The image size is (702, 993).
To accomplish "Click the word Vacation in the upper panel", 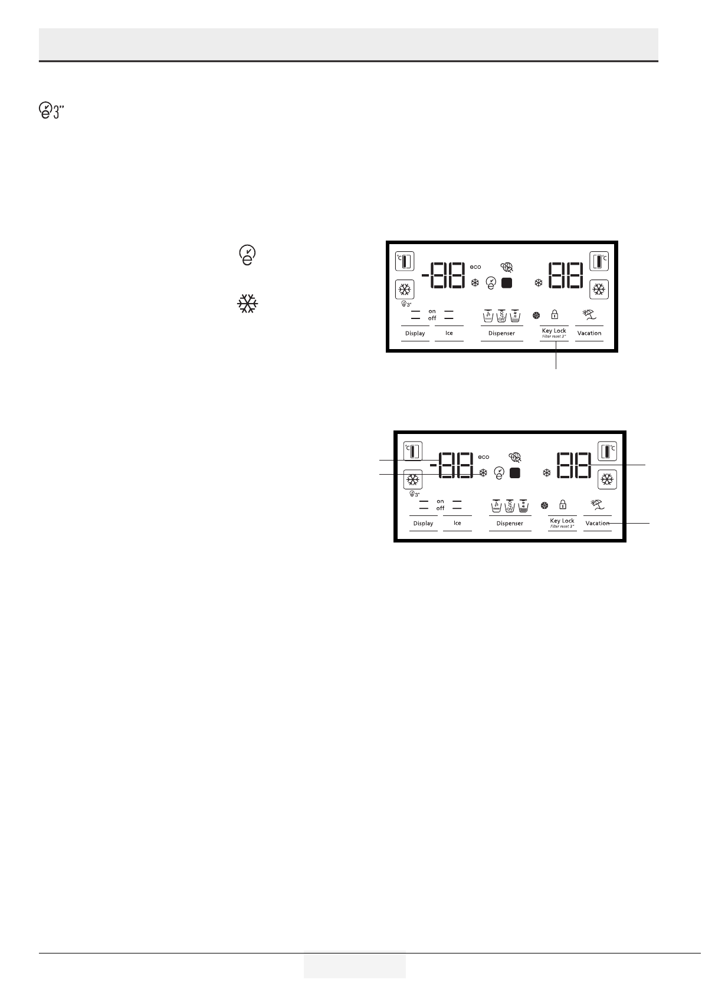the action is [x=589, y=333].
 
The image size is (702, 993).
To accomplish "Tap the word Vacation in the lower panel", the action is [x=597, y=523].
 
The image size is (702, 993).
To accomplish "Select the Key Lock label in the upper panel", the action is [x=554, y=331].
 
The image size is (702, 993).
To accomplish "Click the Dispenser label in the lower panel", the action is [x=510, y=523].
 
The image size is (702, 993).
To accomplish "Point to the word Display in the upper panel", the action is [x=415, y=333].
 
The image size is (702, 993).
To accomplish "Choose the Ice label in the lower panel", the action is [x=457, y=523].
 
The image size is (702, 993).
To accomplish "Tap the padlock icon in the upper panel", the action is [x=555, y=315].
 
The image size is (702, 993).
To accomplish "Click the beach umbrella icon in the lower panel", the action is [x=598, y=505].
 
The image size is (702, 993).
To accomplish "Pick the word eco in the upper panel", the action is [x=475, y=267].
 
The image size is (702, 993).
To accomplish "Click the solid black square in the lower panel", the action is [x=515, y=473].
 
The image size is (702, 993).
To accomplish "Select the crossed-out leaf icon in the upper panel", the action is [x=507, y=267].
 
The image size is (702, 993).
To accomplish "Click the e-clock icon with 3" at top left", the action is [x=50, y=110].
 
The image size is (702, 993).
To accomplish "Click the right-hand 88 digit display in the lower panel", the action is [x=573, y=466].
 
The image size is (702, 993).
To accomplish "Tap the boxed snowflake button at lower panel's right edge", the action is [x=606, y=480].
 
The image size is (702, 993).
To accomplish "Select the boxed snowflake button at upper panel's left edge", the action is [x=405, y=290].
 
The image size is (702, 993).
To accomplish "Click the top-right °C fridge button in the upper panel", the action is [x=599, y=260].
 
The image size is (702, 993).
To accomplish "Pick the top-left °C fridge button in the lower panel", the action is [x=413, y=451].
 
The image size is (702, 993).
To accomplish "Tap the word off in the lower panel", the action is [x=440, y=508].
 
